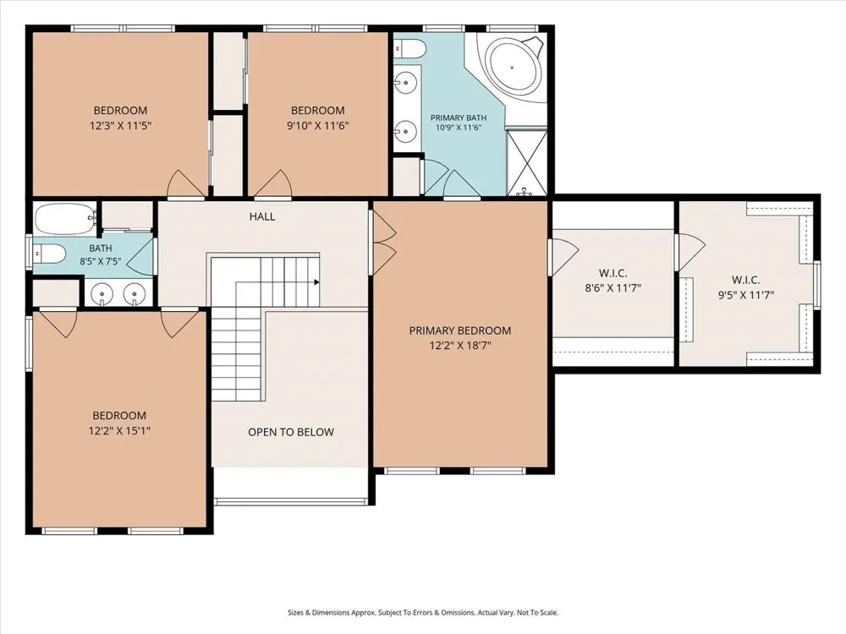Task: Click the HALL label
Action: click(262, 216)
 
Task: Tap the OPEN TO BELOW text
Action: click(291, 432)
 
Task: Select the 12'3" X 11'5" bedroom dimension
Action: click(120, 126)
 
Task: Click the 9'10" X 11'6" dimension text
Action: click(318, 126)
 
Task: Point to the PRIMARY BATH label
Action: click(459, 118)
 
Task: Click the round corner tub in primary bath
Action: click(513, 66)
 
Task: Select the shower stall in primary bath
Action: click(526, 161)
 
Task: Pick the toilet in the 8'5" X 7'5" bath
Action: click(49, 252)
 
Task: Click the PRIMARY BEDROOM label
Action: click(459, 331)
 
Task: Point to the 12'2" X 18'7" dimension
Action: click(460, 346)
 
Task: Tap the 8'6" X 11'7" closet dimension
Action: click(613, 288)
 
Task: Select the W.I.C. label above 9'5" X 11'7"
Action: click(745, 280)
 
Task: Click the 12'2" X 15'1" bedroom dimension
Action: click(119, 431)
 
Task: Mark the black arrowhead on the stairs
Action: click(316, 282)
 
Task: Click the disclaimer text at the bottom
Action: click(423, 612)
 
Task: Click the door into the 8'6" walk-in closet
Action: click(564, 257)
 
